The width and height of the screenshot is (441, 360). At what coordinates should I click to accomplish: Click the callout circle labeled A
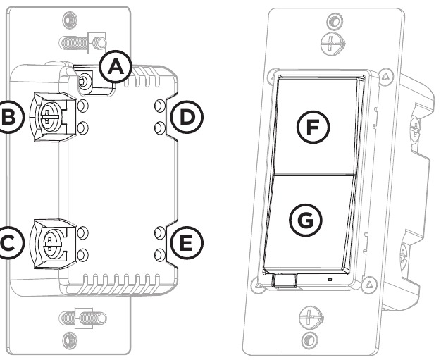[x=115, y=68]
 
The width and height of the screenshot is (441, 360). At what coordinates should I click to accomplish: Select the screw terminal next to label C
[x=50, y=242]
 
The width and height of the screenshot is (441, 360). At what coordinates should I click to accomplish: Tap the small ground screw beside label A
[x=85, y=82]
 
